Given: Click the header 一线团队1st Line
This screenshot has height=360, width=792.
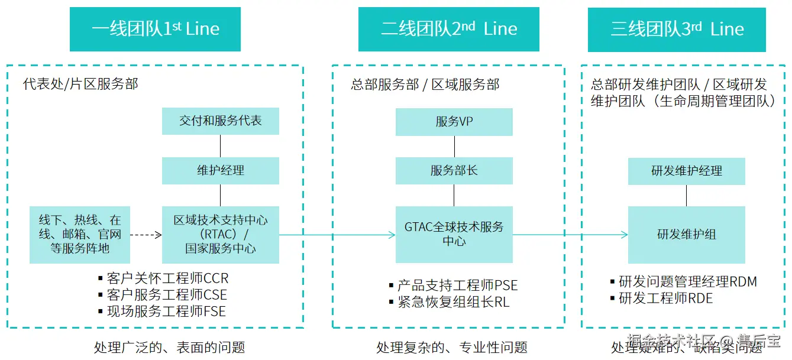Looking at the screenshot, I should click(x=155, y=29).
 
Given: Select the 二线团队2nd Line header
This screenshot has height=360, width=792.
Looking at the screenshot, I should click(x=448, y=29).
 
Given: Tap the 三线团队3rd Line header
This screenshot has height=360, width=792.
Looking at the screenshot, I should click(x=677, y=29).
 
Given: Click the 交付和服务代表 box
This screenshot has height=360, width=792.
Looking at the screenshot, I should click(x=220, y=121).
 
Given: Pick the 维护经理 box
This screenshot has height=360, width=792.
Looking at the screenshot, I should click(x=220, y=170).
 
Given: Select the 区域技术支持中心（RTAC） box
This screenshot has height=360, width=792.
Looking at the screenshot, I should click(x=220, y=234).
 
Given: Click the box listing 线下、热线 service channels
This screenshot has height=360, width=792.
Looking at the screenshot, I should click(x=79, y=234).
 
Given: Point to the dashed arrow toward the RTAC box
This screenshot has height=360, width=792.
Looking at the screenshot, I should click(x=146, y=235).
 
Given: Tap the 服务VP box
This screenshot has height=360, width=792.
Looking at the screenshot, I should click(x=454, y=122).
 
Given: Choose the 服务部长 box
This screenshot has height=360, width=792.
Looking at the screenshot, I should click(x=454, y=171).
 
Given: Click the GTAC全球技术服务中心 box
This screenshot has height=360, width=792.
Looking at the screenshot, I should click(x=454, y=234).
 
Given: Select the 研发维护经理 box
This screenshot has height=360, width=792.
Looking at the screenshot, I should click(x=686, y=171).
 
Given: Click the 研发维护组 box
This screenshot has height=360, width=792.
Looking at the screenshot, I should click(x=686, y=235).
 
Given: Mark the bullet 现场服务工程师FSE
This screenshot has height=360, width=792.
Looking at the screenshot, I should click(x=166, y=311).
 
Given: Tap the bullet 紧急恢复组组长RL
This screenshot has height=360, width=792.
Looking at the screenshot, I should click(x=453, y=302).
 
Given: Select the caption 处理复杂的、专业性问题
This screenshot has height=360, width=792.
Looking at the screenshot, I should click(x=451, y=347).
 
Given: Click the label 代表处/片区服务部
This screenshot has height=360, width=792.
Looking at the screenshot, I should click(x=80, y=84).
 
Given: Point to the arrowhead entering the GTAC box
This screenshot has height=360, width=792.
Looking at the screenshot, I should click(x=392, y=235).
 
